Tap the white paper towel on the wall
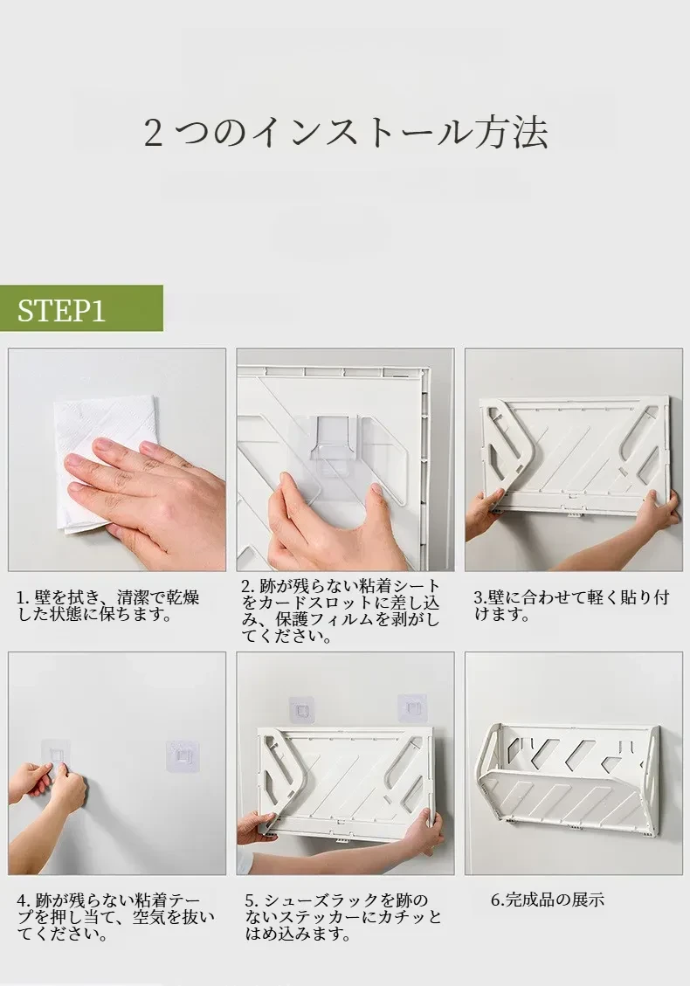pos(104,462)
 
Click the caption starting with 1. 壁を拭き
pos(107,605)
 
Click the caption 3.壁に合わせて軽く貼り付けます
pos(571,605)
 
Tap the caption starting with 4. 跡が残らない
pos(116,917)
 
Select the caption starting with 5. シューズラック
pos(343,917)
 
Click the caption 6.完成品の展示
pos(548,900)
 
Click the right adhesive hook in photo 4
pos(183,755)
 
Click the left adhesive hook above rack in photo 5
pos(302,711)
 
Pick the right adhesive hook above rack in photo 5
pos(412,708)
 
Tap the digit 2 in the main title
pos(153,134)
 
